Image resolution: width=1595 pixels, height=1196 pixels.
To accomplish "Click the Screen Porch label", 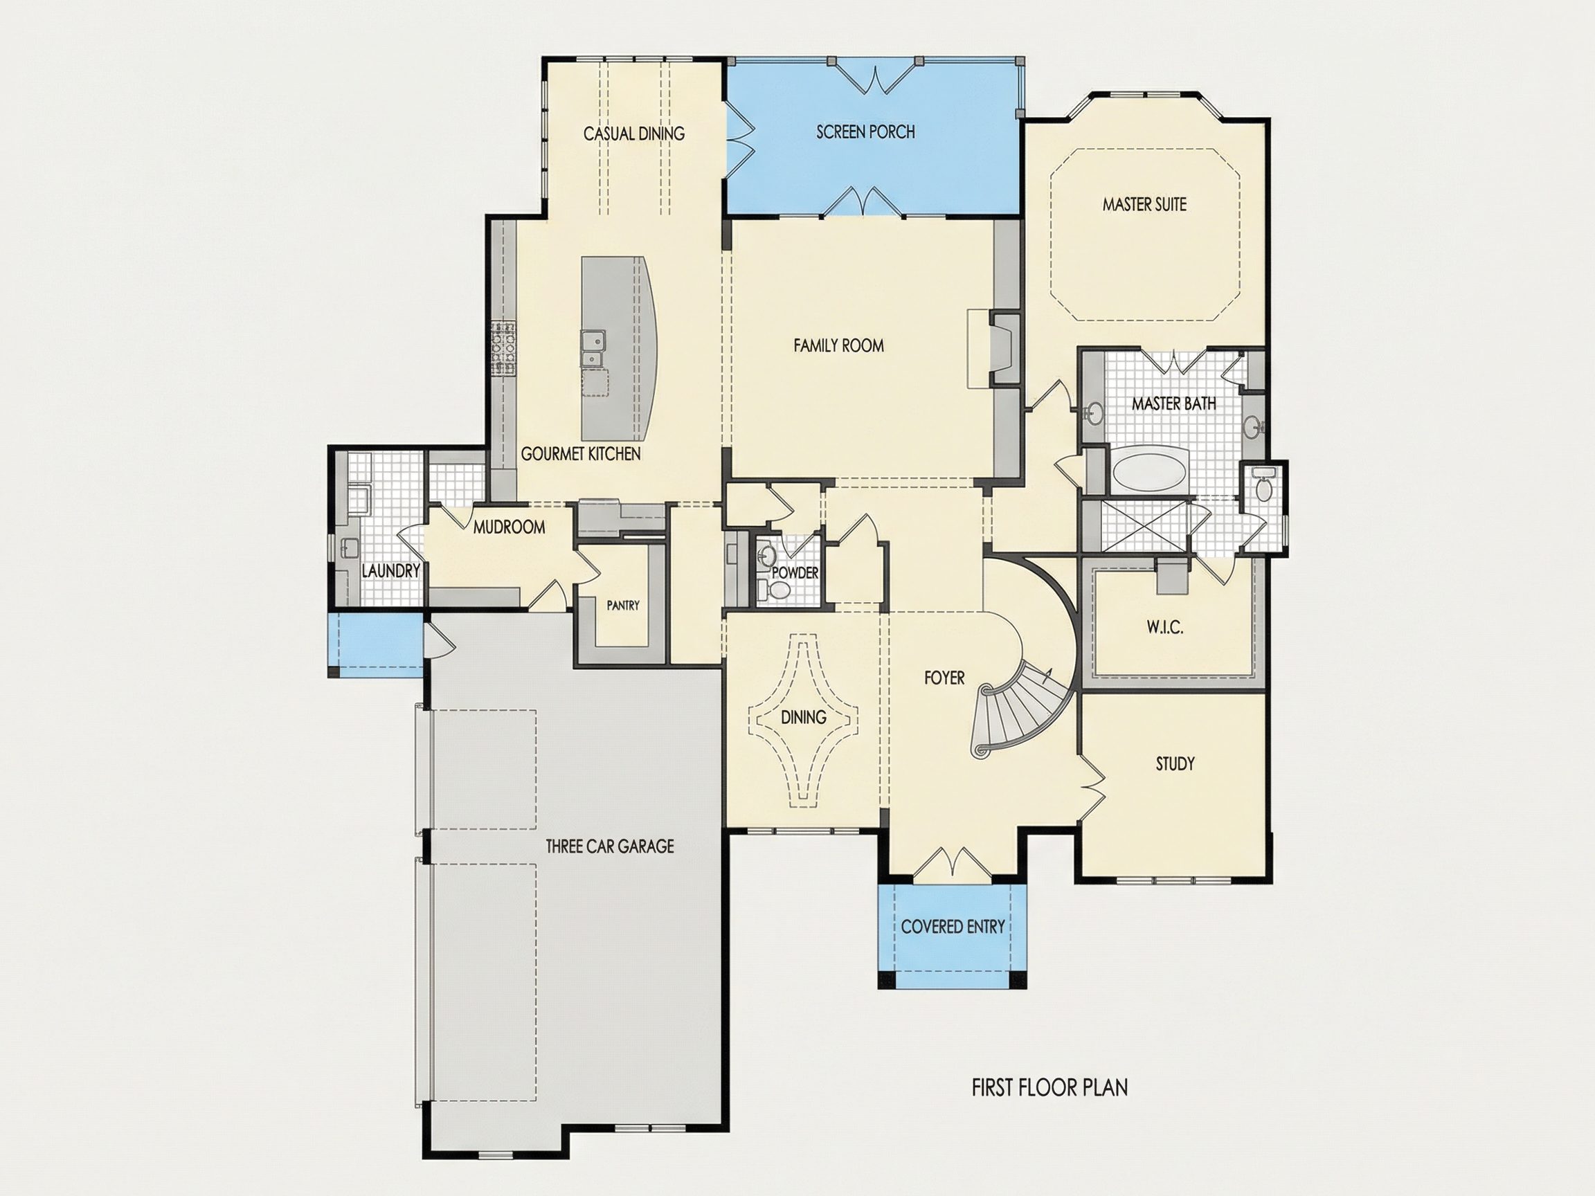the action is pyautogui.click(x=865, y=132).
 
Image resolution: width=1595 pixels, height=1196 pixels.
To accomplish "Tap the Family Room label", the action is pyautogui.click(x=838, y=346).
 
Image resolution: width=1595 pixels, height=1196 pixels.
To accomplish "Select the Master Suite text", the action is pyautogui.click(x=1144, y=205).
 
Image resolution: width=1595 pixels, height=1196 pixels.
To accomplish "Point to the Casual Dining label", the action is pyautogui.click(x=634, y=134).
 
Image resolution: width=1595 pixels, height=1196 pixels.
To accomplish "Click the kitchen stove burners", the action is pyautogui.click(x=504, y=349).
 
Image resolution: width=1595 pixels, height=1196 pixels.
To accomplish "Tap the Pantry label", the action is pyautogui.click(x=623, y=606).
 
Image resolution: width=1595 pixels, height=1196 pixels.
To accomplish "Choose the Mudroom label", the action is pyautogui.click(x=509, y=527).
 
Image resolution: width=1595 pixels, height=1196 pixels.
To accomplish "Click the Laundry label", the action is pyautogui.click(x=391, y=571).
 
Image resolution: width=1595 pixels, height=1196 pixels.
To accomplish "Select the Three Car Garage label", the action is pyautogui.click(x=609, y=846).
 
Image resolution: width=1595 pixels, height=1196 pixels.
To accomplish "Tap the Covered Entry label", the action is pyautogui.click(x=953, y=927).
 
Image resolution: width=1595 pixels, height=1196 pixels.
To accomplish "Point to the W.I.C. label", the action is pyautogui.click(x=1164, y=627).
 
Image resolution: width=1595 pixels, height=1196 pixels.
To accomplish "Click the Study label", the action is pyautogui.click(x=1175, y=763).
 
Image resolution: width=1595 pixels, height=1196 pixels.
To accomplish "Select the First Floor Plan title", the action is pyautogui.click(x=1050, y=1087).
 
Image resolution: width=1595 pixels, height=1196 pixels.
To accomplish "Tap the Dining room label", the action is pyautogui.click(x=803, y=717).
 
